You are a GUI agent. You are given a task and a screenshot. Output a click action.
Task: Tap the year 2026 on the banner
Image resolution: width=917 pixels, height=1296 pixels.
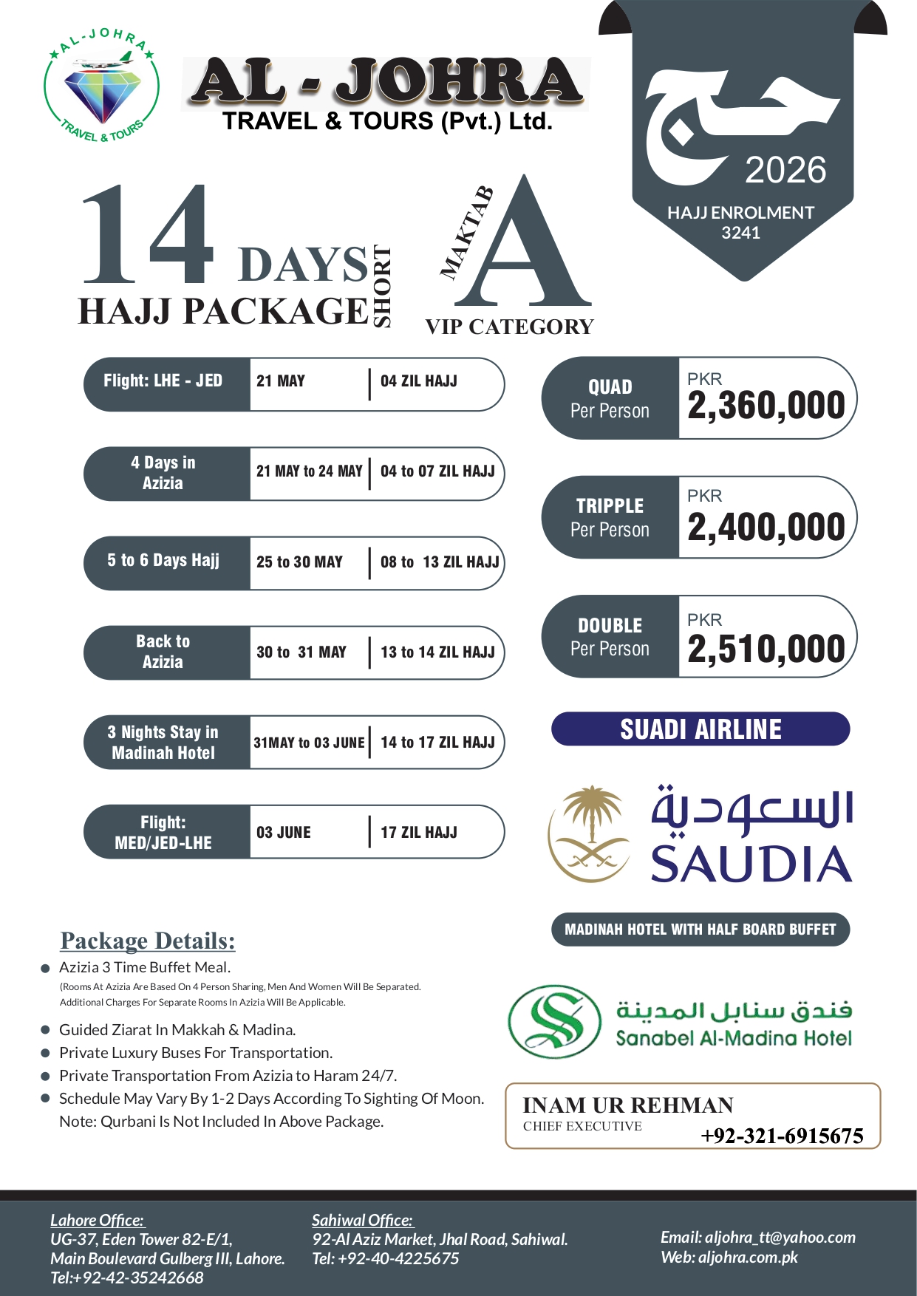click(x=785, y=171)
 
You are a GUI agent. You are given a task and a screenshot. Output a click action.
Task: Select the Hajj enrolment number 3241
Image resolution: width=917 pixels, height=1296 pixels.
click(x=740, y=233)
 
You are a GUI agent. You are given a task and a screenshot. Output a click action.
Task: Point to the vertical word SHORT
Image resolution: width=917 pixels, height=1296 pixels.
click(x=382, y=286)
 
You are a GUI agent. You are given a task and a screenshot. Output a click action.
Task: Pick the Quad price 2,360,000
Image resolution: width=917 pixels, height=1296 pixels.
click(x=766, y=406)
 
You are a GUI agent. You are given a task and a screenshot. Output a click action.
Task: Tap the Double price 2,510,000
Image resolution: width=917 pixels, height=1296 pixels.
click(x=766, y=649)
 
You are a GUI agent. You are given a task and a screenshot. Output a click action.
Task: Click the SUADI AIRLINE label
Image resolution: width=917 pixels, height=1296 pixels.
click(x=700, y=729)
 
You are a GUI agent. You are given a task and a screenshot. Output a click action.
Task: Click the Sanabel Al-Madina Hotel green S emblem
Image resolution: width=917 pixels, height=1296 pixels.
click(x=556, y=1021)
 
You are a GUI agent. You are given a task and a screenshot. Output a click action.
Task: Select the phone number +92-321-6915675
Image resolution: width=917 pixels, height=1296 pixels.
click(x=782, y=1136)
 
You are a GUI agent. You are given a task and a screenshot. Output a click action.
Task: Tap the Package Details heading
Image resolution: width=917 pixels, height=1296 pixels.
click(x=148, y=941)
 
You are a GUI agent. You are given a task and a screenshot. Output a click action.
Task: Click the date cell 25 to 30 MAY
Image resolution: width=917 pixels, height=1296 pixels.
click(x=300, y=562)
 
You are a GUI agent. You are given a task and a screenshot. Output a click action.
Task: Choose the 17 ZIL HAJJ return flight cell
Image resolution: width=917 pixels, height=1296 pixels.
click(x=419, y=833)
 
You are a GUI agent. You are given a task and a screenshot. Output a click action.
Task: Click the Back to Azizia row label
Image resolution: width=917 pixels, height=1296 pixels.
click(x=163, y=652)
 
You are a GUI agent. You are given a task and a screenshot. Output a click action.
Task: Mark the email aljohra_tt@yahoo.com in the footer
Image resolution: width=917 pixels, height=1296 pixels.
click(x=757, y=1237)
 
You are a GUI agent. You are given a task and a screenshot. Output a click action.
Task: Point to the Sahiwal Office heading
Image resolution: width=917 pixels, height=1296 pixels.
click(x=362, y=1220)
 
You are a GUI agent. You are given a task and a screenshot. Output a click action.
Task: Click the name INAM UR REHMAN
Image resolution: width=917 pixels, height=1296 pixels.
click(x=628, y=1105)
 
